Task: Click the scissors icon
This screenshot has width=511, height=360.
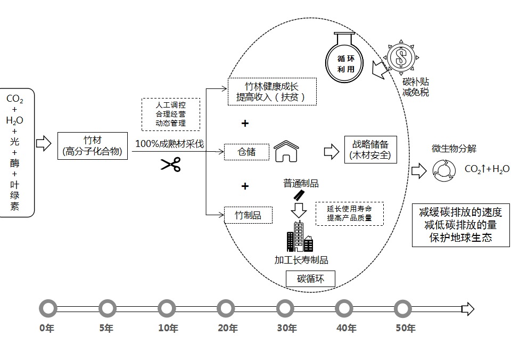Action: click(x=171, y=164)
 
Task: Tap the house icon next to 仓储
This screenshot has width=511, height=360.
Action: click(x=286, y=152)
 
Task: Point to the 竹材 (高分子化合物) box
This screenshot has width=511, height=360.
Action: click(x=92, y=146)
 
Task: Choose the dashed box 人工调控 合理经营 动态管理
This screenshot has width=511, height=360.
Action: click(x=171, y=114)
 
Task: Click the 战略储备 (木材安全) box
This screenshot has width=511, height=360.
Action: click(x=370, y=149)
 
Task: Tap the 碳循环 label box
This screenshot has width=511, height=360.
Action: click(x=309, y=278)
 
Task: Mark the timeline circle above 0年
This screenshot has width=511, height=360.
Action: click(x=48, y=308)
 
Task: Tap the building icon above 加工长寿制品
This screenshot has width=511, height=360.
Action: click(x=300, y=237)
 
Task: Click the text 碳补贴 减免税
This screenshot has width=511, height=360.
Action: click(x=415, y=87)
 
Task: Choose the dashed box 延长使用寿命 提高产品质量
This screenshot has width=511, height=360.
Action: click(x=349, y=213)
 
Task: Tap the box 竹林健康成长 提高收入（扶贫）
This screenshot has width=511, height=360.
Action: click(x=272, y=92)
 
